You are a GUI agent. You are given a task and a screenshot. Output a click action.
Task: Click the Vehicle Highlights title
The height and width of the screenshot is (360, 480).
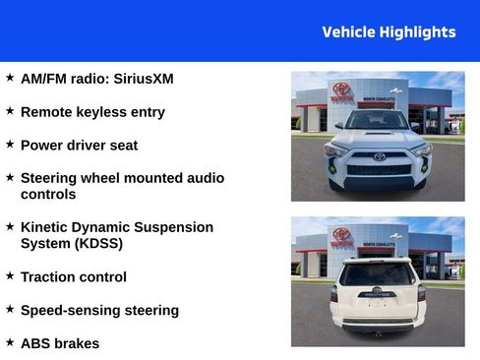click(x=389, y=31)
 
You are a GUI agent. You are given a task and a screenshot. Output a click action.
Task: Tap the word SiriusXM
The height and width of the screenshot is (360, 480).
click(x=144, y=79)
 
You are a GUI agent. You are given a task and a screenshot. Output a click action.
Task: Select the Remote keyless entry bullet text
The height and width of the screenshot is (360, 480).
click(x=92, y=112)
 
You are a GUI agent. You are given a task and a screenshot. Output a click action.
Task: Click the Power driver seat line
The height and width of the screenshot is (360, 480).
click(x=79, y=145)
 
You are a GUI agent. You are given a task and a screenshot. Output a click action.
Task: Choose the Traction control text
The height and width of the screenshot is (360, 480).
click(x=73, y=276)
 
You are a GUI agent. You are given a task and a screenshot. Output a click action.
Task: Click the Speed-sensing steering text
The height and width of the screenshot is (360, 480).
click(x=99, y=310)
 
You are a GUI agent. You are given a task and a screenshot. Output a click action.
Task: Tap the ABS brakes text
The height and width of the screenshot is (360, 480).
click(x=59, y=343)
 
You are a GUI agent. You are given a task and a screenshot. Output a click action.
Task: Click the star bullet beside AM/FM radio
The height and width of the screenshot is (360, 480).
click(x=10, y=77)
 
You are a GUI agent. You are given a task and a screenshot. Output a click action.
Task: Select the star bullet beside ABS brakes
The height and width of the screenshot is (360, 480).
click(x=10, y=341)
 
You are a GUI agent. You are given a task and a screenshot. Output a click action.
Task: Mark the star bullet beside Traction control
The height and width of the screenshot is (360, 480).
click(x=10, y=274)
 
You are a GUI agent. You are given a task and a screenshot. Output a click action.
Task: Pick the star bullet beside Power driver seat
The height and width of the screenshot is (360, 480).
click(x=10, y=143)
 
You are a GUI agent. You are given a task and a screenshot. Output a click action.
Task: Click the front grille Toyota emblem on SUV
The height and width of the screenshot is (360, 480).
click(x=380, y=155)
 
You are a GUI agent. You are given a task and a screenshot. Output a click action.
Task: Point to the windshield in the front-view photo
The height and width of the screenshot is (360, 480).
click(x=378, y=121)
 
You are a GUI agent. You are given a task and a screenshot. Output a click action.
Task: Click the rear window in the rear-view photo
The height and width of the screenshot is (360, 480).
click(x=378, y=271)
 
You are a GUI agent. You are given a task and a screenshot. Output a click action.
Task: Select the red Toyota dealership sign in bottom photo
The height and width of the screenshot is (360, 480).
click(x=341, y=237)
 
